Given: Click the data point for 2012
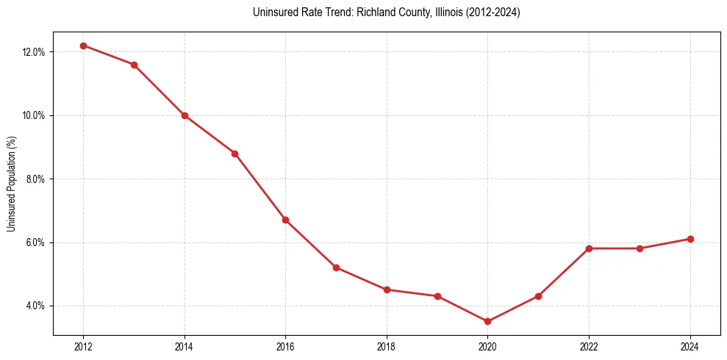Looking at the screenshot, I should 83,46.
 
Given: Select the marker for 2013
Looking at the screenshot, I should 134,65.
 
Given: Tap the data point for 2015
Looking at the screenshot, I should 234,154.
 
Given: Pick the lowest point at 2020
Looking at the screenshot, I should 487,321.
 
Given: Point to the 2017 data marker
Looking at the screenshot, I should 336,267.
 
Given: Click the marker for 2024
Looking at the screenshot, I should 690,239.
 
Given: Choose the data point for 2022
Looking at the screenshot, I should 589,248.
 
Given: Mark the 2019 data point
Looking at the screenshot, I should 437,296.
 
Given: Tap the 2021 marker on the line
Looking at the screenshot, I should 538,296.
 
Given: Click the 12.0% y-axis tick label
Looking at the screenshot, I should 35,52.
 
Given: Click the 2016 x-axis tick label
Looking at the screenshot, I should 285,347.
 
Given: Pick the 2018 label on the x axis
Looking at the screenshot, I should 387,347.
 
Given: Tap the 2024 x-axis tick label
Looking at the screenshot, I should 690,347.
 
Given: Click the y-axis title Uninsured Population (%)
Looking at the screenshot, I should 12,183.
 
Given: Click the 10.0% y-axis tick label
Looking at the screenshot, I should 35,115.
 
